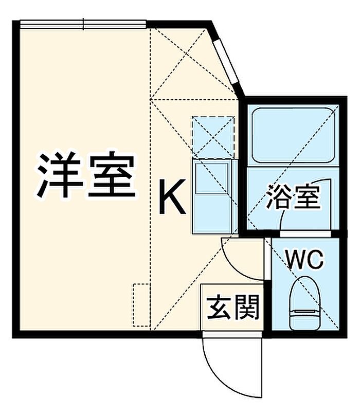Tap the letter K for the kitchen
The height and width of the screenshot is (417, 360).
point(172,196)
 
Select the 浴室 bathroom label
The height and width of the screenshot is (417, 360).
point(294,196)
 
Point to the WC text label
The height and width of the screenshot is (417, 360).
point(304,259)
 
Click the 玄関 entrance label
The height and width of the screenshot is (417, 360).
point(233,307)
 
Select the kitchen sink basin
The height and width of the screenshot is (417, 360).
point(212,178)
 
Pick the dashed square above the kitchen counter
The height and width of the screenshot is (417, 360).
point(213,137)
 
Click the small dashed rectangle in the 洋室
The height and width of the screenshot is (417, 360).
point(142,305)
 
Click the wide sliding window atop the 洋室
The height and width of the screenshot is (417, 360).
point(83,24)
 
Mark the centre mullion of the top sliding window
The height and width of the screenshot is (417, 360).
point(83,24)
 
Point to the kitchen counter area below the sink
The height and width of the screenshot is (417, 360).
point(212,213)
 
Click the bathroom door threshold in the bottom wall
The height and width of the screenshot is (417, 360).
point(305,233)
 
